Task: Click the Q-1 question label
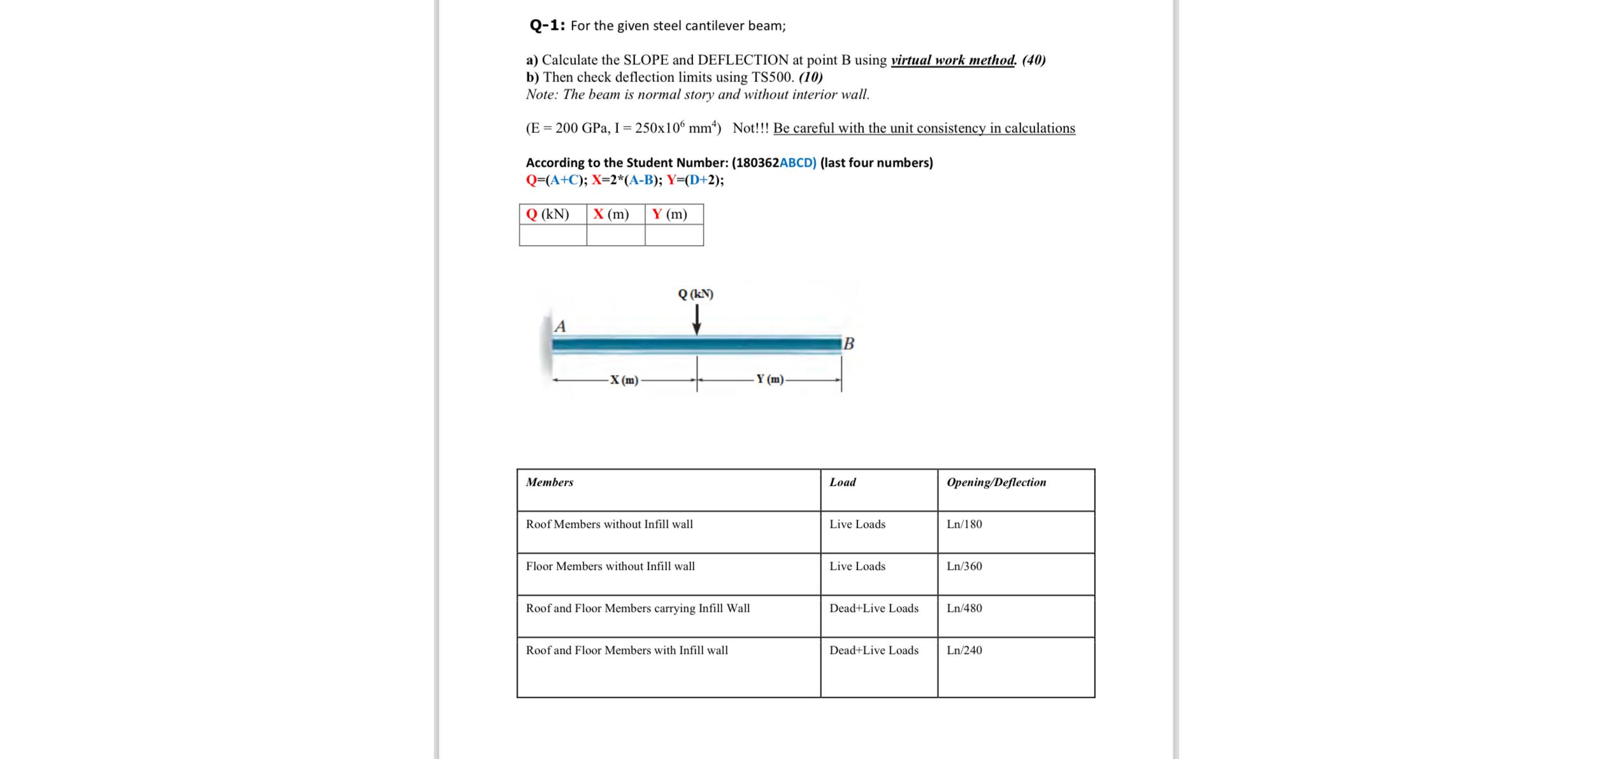(x=547, y=25)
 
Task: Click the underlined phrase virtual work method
(x=952, y=60)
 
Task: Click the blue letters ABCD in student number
(x=798, y=162)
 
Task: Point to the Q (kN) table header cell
(x=552, y=214)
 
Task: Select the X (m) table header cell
(x=615, y=214)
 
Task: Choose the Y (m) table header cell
(x=673, y=214)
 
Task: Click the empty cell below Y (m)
(x=674, y=235)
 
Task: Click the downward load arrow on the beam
(x=697, y=319)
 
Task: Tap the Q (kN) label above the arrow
(x=696, y=294)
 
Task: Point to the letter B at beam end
(x=849, y=344)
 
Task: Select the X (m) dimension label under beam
(x=624, y=380)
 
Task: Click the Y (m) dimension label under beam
(x=770, y=379)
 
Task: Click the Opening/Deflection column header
(x=996, y=482)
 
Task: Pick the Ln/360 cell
(x=964, y=566)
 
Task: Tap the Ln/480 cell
(x=964, y=608)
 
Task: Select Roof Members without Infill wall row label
(x=609, y=524)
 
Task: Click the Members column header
(x=549, y=482)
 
